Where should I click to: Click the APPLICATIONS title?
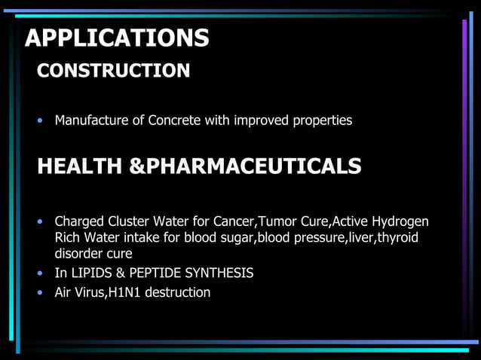(x=117, y=38)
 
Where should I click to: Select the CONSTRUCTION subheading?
(x=114, y=72)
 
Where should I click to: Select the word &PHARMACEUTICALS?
(x=246, y=166)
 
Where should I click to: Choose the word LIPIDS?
(x=93, y=273)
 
